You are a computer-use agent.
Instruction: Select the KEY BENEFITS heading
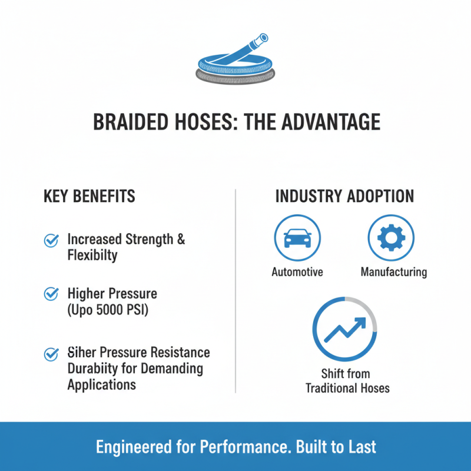click(89, 197)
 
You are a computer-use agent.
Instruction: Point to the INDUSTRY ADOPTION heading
click(344, 197)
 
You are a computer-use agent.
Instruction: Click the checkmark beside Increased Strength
click(51, 240)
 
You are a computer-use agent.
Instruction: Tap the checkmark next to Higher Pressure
click(51, 293)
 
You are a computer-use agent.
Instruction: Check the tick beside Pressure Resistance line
click(51, 354)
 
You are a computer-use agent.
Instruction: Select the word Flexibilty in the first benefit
click(92, 256)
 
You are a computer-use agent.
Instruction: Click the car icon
click(297, 239)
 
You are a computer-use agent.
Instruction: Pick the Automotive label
click(297, 273)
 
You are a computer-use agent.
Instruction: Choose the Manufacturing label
click(393, 273)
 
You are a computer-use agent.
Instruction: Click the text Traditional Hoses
click(347, 388)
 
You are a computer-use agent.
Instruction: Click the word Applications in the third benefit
click(101, 385)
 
